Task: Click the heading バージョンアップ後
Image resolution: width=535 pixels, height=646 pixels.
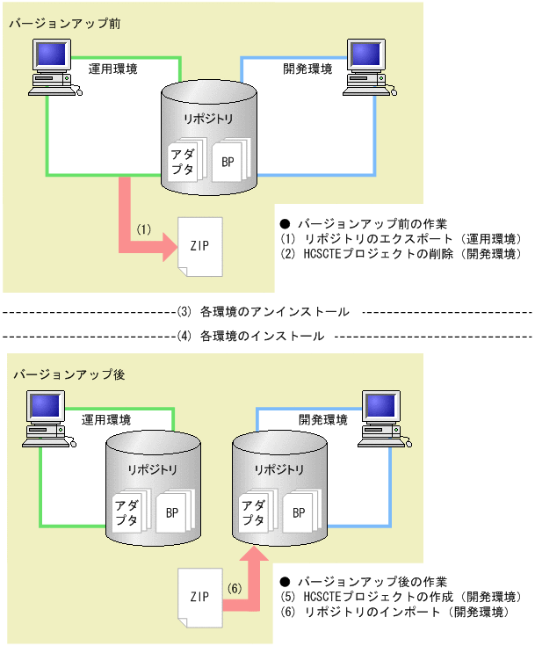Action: point(63,374)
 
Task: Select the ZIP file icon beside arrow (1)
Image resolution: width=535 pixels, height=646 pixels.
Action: point(199,247)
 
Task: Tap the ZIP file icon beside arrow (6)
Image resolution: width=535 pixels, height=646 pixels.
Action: point(199,597)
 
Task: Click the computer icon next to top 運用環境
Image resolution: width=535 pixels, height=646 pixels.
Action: point(54,67)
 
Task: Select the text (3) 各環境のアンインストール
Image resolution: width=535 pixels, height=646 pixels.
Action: point(264,311)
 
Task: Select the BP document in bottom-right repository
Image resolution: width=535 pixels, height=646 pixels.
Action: point(299,512)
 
